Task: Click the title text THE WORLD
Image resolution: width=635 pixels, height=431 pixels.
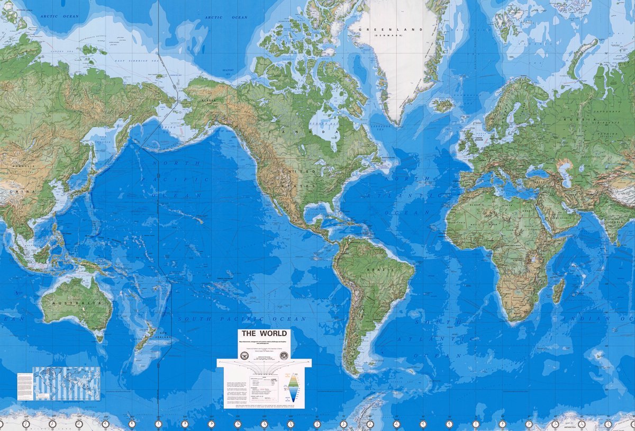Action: (264, 334)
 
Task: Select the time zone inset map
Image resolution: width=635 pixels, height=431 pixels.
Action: (67, 383)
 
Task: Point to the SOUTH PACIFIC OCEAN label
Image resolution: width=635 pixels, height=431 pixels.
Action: (242, 319)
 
